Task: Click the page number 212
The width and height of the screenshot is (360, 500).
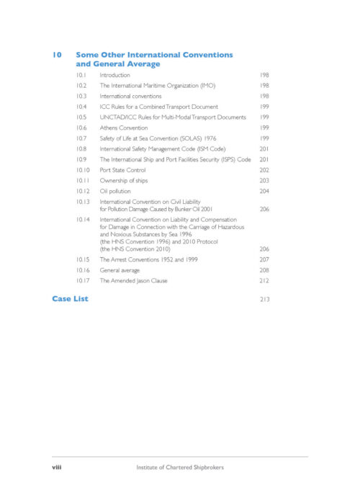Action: pos(263,280)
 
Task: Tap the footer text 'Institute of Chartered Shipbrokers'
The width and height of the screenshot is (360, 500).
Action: pos(180,467)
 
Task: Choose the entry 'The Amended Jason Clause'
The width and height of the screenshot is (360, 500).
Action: pos(133,280)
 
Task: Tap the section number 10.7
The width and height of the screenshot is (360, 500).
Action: pos(81,138)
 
